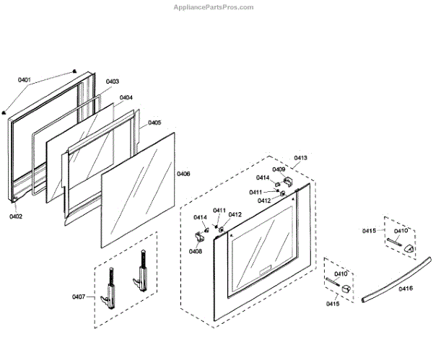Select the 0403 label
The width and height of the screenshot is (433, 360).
(x=113, y=82)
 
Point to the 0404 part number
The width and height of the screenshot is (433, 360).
(x=126, y=97)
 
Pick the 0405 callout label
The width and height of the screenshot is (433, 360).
(x=154, y=123)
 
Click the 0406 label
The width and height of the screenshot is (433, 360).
(x=183, y=174)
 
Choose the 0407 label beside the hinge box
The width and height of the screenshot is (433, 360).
(x=79, y=297)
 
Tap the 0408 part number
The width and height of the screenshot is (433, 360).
(x=196, y=251)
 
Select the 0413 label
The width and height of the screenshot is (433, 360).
(x=300, y=157)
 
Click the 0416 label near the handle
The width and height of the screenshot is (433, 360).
(x=406, y=288)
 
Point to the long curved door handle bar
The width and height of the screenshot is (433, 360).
(x=397, y=278)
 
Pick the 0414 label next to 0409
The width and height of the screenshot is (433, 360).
(x=263, y=178)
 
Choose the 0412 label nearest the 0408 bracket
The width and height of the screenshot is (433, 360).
(x=235, y=214)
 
